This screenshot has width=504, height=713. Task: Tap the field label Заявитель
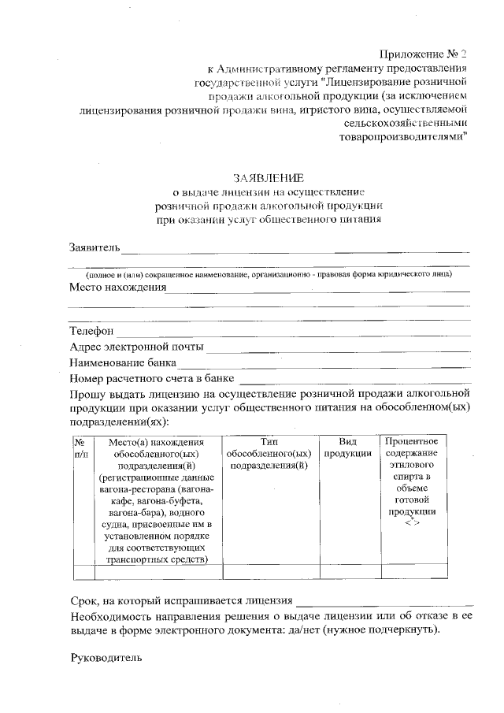pyautogui.click(x=94, y=248)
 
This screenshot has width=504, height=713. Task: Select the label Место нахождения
pyautogui.click(x=118, y=287)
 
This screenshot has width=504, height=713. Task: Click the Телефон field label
pyautogui.click(x=92, y=331)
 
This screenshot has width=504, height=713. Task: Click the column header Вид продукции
pyautogui.click(x=348, y=448)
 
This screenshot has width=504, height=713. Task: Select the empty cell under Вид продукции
pyautogui.click(x=348, y=571)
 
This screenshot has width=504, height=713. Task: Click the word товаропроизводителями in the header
pyautogui.click(x=404, y=136)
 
